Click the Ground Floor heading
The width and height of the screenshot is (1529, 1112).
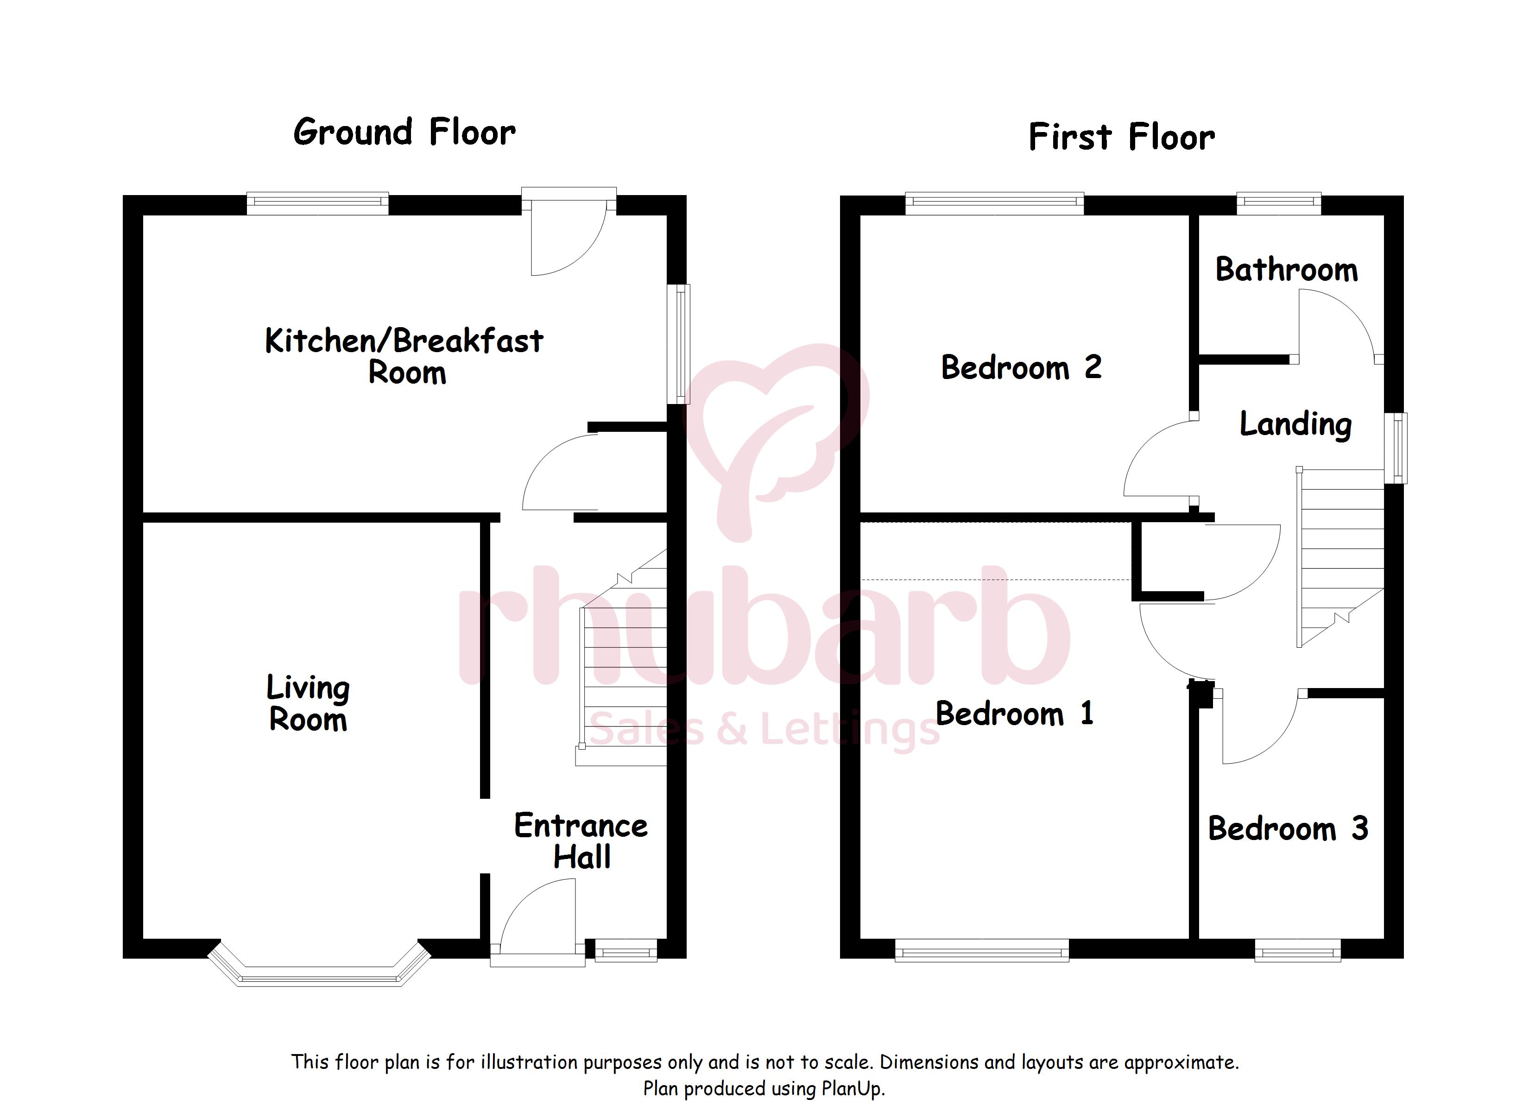404,132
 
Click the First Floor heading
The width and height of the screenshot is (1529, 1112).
1122,137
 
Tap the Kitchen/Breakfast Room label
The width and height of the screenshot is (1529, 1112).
404,356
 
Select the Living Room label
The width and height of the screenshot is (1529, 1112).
308,703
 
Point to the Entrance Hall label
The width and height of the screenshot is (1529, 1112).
581,841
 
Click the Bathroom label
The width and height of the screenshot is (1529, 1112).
1286,270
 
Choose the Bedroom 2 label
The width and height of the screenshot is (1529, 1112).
1021,367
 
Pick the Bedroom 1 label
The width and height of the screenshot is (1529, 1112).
1015,714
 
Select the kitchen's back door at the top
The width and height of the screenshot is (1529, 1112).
569,232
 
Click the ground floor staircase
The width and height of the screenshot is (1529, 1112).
622,657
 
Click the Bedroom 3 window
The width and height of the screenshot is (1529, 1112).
1298,952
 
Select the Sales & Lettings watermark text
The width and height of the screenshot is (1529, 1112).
764,730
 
